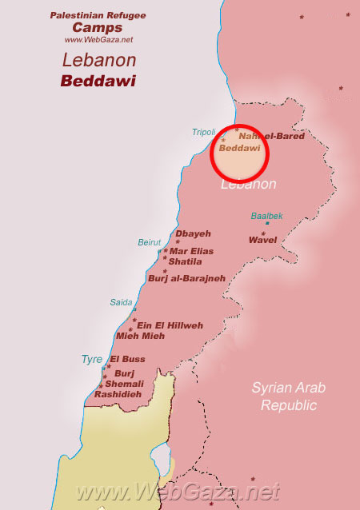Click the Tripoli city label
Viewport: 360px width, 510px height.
point(204,133)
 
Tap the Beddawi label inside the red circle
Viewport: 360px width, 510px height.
point(239,149)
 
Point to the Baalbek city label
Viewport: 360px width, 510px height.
point(266,216)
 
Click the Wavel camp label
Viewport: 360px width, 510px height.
point(262,240)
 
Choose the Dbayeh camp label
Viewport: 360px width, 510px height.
point(193,233)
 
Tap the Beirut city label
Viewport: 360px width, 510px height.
point(150,242)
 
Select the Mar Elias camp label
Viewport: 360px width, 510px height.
point(192,251)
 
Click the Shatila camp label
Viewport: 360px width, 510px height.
point(185,261)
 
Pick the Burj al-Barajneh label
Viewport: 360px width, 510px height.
point(186,278)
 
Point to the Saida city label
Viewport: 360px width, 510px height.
point(121,302)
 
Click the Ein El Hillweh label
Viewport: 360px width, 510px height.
point(170,325)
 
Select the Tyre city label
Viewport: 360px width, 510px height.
point(91,360)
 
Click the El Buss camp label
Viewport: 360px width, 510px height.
point(128,359)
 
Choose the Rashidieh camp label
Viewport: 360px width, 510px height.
point(118,394)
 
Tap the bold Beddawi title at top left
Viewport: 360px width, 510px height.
point(98,81)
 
